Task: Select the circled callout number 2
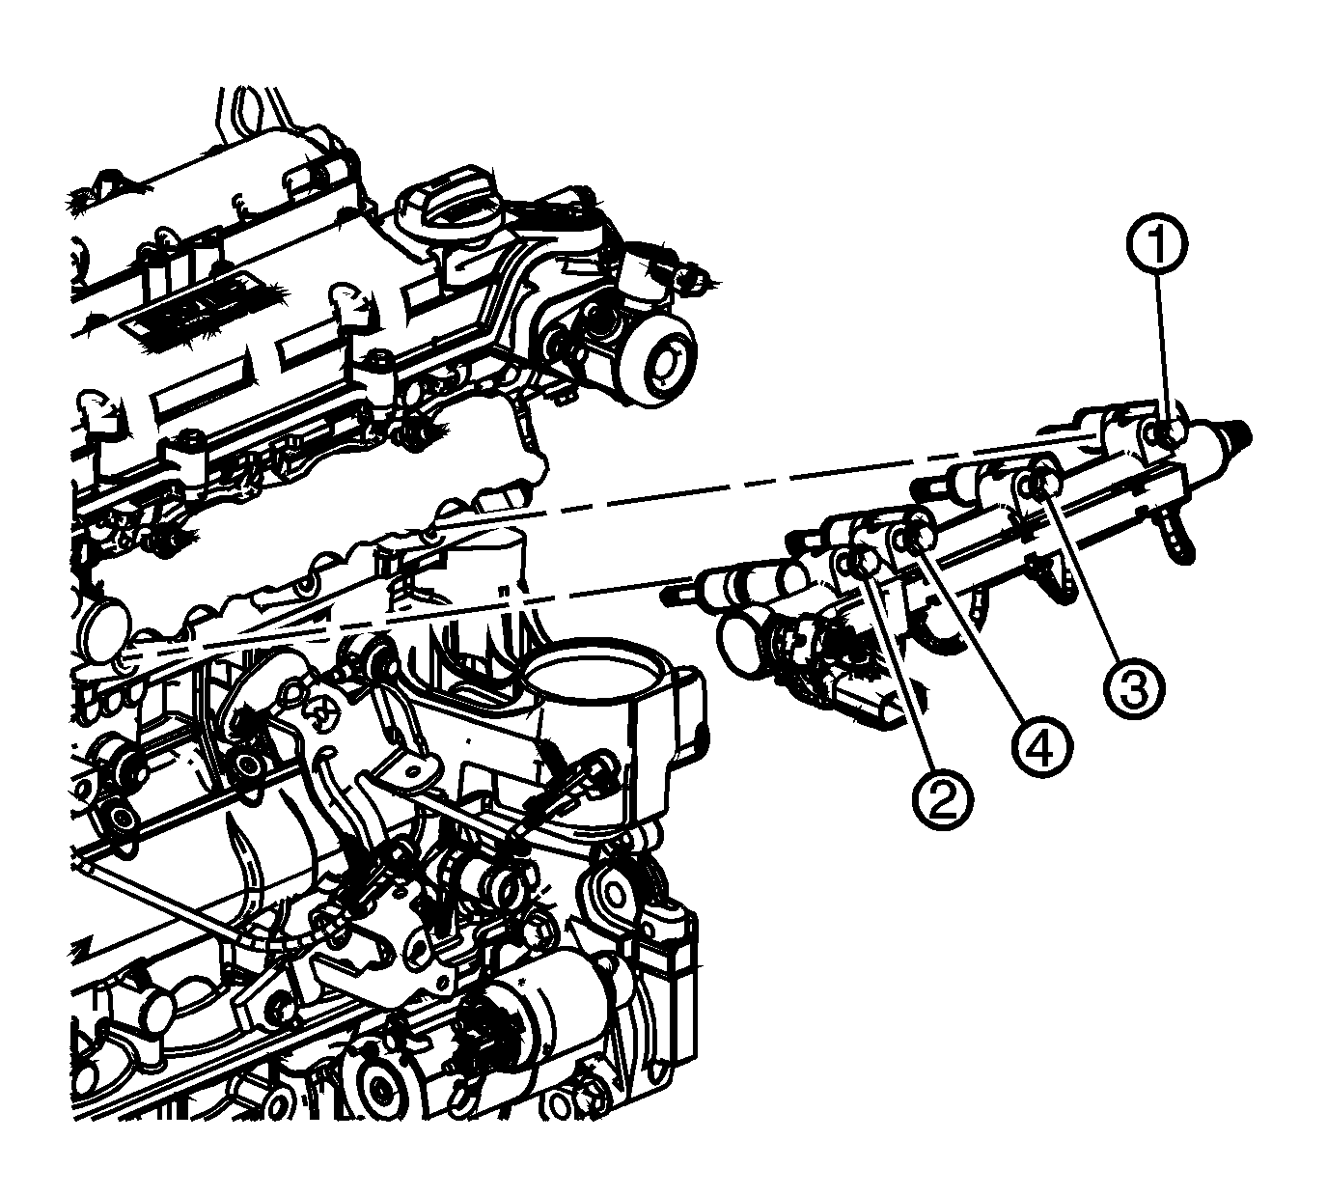939,797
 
